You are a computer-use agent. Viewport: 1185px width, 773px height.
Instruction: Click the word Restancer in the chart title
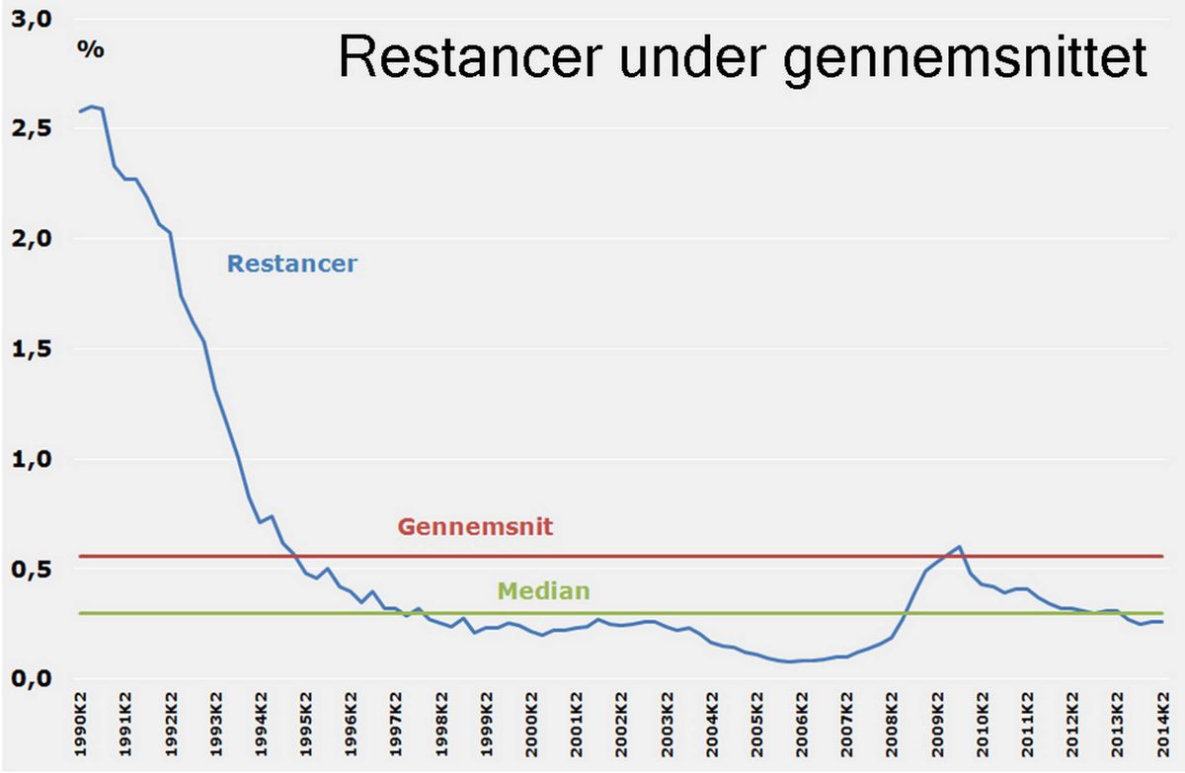click(x=470, y=57)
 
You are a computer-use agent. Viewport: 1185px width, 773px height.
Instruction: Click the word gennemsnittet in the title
click(x=965, y=60)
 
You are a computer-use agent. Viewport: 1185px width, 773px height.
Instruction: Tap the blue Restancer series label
click(x=292, y=264)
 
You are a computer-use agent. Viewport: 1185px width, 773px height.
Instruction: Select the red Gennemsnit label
click(x=475, y=526)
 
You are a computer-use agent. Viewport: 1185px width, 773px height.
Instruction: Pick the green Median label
click(x=544, y=590)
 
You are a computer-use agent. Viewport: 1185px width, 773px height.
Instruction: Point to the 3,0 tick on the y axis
click(x=32, y=19)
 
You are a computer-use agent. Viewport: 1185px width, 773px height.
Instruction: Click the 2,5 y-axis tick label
click(x=32, y=128)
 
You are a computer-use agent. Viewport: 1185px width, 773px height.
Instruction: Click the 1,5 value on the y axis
click(x=32, y=348)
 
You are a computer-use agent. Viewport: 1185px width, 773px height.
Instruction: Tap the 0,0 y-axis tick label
click(x=32, y=678)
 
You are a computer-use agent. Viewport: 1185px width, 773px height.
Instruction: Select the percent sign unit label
click(x=91, y=49)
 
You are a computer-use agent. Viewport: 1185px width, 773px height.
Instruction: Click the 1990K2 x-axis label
click(x=80, y=725)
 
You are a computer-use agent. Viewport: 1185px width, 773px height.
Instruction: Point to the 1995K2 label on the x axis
click(x=306, y=725)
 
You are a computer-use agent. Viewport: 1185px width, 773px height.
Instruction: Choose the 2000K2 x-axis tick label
click(x=531, y=725)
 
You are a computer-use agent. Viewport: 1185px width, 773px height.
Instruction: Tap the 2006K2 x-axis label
click(x=802, y=725)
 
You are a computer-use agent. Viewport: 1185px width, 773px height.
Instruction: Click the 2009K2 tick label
click(x=937, y=725)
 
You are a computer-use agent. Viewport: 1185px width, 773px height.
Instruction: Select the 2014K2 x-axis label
click(x=1162, y=725)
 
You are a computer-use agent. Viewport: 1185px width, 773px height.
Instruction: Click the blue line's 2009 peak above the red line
click(x=959, y=547)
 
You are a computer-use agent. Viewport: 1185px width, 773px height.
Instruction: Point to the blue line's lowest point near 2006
click(x=790, y=661)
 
